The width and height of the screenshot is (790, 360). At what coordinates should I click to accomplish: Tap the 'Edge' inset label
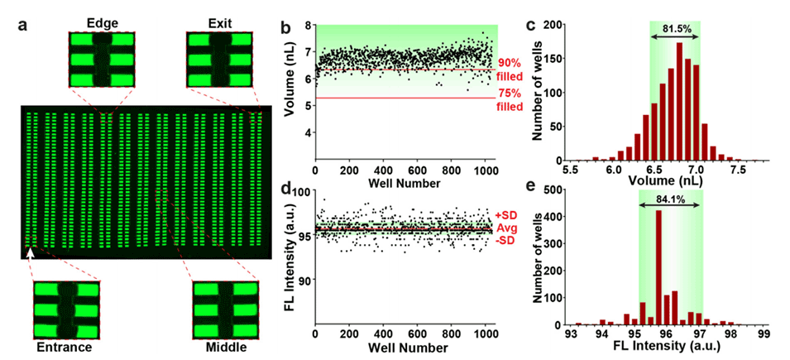point(98,19)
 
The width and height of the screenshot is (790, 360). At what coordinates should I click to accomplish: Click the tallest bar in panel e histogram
point(658,267)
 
